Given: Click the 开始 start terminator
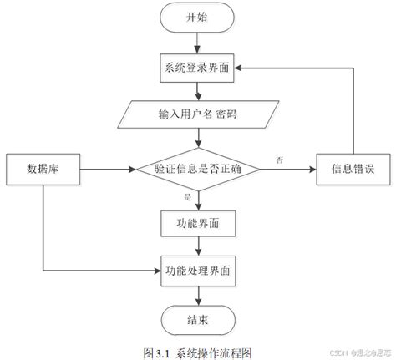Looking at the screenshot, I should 197,17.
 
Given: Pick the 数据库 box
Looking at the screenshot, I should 42,170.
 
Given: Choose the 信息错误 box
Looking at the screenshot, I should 352,170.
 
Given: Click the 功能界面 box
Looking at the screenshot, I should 197,223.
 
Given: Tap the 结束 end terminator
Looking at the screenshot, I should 197,317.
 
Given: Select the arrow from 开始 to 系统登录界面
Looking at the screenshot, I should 197,42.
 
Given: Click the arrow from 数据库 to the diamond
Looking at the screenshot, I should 104,170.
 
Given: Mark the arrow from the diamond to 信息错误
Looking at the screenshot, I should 288,170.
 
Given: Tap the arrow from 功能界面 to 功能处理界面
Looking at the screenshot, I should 197,246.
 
